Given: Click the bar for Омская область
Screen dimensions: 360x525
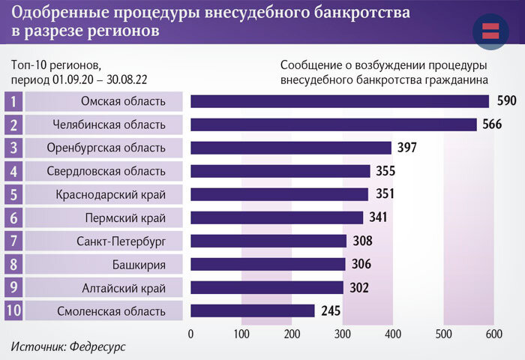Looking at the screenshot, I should click(x=339, y=101).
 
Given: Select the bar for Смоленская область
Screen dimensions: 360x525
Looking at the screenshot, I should click(x=252, y=310).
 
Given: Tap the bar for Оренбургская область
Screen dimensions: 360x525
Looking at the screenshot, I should click(x=291, y=148).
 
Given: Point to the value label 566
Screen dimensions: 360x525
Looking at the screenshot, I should click(x=491, y=124).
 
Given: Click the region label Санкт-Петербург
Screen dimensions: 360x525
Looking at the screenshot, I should click(x=120, y=241).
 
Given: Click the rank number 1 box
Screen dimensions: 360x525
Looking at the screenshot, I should click(x=13, y=101).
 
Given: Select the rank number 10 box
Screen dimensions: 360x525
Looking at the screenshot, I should click(x=13, y=310).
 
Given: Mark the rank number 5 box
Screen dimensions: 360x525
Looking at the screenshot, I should click(x=13, y=194).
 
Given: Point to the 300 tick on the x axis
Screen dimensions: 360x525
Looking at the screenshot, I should click(x=342, y=334).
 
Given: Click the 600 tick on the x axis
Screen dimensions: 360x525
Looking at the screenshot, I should click(x=493, y=334).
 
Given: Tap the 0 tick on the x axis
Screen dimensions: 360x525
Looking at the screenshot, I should click(x=191, y=334).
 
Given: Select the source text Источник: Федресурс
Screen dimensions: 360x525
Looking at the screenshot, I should click(x=68, y=347).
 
